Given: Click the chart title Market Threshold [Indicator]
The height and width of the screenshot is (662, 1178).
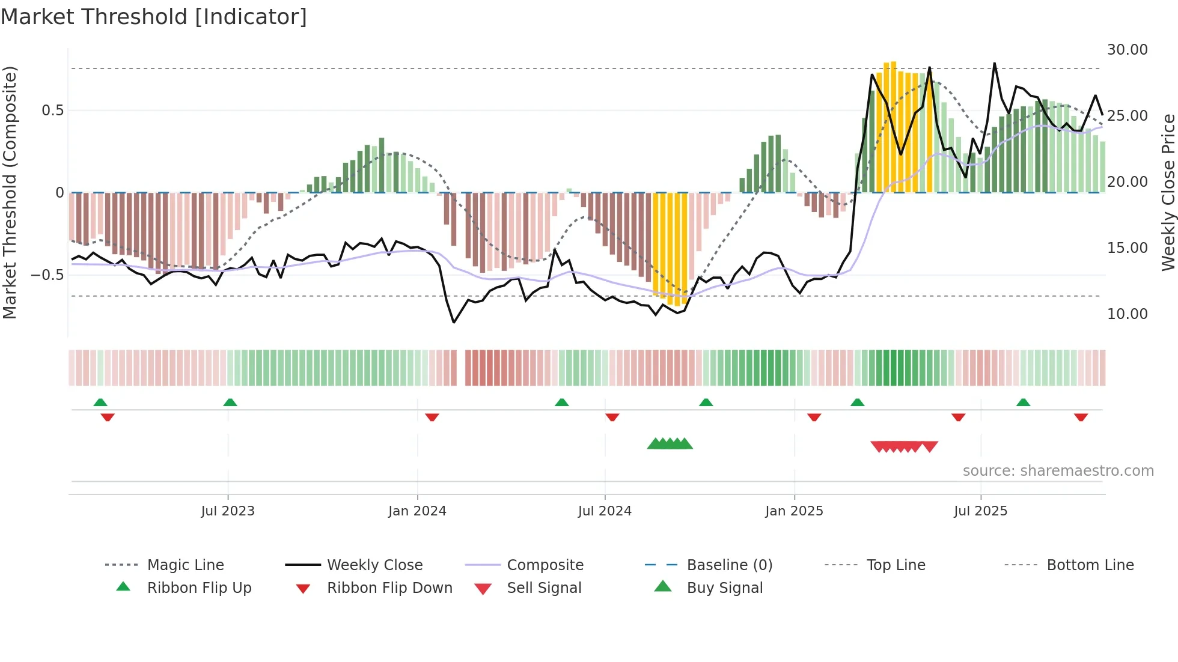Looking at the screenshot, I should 154,17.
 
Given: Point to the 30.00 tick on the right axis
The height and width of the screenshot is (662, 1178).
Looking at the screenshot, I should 1127,50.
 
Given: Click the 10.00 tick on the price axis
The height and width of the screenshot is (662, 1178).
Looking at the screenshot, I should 1127,314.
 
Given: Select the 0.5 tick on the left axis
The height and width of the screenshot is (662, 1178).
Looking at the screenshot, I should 53,111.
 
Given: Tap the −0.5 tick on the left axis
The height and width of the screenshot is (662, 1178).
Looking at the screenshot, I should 47,275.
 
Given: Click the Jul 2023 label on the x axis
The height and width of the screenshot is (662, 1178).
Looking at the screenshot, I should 228,511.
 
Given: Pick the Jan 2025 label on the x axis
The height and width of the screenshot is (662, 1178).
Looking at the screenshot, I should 794,511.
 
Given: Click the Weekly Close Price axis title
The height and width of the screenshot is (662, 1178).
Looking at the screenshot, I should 1168,192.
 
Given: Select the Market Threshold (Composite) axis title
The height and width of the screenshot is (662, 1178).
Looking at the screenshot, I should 10,192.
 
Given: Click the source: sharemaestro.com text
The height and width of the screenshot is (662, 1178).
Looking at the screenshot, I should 1058,471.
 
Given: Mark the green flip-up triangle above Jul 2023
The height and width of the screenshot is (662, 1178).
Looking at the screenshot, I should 230,402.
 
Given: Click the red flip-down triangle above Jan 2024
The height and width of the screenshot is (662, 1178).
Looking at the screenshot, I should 432,417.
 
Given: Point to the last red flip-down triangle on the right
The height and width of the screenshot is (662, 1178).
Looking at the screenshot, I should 1081,417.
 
